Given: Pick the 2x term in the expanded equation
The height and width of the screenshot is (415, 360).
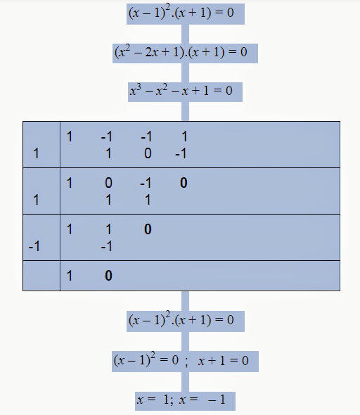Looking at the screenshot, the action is (152, 52).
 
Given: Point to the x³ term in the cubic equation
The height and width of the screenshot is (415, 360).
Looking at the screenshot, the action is (136, 90).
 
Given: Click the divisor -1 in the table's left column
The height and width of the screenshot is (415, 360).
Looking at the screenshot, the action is (34, 246).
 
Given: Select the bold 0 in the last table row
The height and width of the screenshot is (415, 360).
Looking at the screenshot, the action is (108, 276).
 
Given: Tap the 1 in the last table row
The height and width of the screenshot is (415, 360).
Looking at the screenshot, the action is (70, 276).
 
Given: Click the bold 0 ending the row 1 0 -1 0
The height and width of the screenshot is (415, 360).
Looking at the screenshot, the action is (184, 183).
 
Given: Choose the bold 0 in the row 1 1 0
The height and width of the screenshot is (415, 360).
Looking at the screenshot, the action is (148, 229).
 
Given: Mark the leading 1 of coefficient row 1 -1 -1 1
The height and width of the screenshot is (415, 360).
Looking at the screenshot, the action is (70, 136).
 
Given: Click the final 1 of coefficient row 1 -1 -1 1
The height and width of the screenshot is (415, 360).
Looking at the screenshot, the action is (184, 136).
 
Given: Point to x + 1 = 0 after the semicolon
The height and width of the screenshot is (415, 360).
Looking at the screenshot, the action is (223, 361).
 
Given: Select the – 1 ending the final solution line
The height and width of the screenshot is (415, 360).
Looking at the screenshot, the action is (217, 400).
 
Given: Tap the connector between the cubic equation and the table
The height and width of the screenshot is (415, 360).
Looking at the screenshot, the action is (185, 111).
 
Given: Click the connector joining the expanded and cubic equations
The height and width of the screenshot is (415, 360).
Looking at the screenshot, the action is (185, 72).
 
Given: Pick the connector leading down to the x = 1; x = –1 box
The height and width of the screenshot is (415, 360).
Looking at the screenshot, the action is (185, 382).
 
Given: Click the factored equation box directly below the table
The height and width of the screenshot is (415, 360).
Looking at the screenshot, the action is (186, 321).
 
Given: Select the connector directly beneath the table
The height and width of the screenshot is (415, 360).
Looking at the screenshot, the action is (185, 301).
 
